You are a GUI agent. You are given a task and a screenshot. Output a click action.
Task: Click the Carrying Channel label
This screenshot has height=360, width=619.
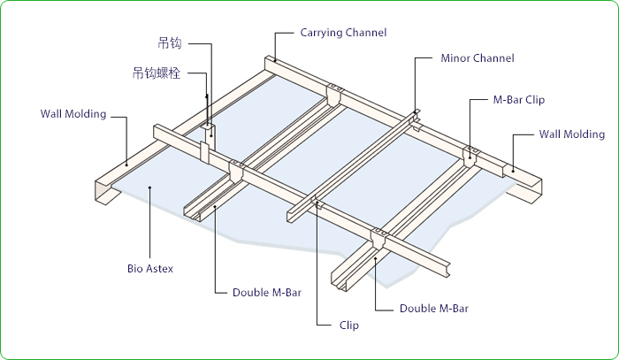[x=343, y=33]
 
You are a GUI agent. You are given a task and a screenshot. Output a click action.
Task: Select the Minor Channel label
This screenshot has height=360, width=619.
[x=477, y=58]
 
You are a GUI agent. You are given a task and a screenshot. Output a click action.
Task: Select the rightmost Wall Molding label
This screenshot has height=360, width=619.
[x=572, y=134]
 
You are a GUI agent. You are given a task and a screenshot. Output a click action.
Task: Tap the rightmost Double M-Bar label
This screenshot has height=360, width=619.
[x=433, y=309]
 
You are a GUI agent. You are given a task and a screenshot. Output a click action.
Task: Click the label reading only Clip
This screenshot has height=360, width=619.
[x=349, y=326]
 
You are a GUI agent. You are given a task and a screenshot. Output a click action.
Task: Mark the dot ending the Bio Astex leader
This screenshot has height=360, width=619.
[x=150, y=188]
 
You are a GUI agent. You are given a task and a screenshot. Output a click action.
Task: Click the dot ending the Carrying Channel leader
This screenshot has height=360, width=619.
[x=275, y=60]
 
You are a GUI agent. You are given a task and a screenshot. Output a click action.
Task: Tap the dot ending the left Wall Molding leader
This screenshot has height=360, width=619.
[x=126, y=163]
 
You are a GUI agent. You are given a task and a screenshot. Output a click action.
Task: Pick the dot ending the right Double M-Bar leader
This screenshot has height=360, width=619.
[x=377, y=258]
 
